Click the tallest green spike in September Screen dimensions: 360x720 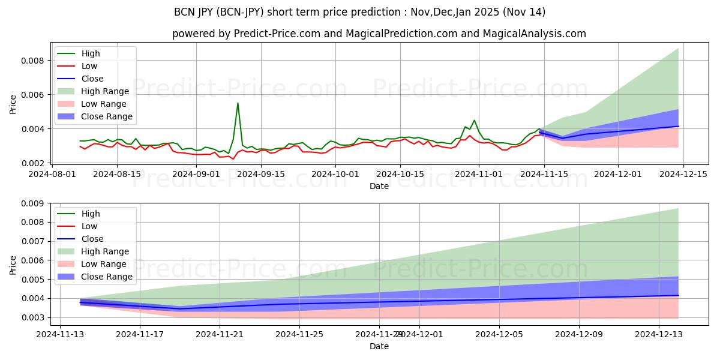(238, 103)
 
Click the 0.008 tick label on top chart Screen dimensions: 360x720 (33, 61)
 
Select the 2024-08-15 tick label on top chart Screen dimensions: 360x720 (116, 174)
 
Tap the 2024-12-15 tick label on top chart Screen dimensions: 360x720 (683, 174)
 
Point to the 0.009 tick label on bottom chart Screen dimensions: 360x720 (33, 203)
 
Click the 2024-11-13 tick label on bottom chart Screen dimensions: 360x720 (59, 335)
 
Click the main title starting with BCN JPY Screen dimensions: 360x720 (359, 12)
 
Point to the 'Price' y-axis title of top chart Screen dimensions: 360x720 (13, 104)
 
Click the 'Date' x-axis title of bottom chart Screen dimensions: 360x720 (379, 346)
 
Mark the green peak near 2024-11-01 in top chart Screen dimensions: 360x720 (474, 120)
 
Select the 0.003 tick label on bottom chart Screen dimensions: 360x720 (33, 317)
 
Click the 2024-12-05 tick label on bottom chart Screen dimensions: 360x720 (499, 335)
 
